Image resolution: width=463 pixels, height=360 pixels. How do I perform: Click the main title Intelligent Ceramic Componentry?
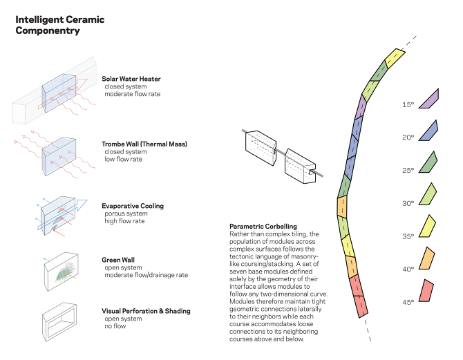coord(59,25)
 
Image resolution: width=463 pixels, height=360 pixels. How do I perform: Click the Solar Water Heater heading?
coord(131,79)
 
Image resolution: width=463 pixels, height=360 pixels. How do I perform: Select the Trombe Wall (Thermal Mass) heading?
coord(144,144)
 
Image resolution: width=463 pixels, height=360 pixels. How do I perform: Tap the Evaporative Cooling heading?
coord(133,206)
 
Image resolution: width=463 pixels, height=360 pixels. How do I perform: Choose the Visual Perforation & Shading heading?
coord(146,311)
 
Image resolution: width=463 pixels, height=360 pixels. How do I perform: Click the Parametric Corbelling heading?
coord(263,227)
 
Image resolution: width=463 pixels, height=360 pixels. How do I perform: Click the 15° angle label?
coord(408,105)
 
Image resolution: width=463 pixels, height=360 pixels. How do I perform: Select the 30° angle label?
coord(408,203)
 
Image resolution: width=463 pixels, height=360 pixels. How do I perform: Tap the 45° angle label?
coord(408,302)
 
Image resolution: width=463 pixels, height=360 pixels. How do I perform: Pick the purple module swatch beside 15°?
coord(429,99)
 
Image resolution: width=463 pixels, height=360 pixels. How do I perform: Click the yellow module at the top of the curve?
coord(393,57)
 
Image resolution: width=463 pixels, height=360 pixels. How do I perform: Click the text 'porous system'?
coord(123,214)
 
